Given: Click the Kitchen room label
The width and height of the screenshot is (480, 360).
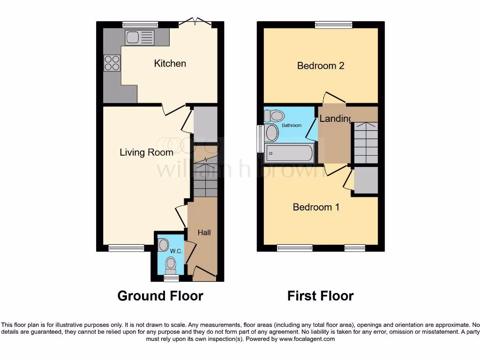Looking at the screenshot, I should pos(170,63).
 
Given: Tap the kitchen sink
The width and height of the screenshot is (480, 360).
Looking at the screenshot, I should pos(140,37).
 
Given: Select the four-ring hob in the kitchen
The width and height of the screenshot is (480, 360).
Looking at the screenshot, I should pos(112,63).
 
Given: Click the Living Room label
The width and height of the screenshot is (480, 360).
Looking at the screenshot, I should pos(146,152).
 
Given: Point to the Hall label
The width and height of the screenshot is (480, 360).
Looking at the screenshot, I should pos(204,232).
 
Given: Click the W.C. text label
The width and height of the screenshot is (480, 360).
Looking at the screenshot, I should pos(176,251).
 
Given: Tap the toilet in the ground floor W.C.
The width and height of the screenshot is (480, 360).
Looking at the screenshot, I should pos(171,265).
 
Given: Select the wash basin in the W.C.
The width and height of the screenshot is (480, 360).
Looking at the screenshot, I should pos(163,245).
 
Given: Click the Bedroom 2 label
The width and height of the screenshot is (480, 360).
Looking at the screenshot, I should pos(321,66).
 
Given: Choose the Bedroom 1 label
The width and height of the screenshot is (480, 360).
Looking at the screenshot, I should pos(316,207).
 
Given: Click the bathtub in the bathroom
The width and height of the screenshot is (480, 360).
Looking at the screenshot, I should pos(289,153).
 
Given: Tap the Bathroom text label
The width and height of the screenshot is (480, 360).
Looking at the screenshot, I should pos(292,125).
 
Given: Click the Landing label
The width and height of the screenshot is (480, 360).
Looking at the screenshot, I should pos(335,119).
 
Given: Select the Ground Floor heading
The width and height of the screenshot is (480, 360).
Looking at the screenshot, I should pos(160,296).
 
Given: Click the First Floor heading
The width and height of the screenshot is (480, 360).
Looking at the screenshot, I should pos(320,296).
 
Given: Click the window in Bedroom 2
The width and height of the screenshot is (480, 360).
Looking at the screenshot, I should pos(333,24).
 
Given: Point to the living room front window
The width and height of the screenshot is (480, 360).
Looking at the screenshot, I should pos(126,248).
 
